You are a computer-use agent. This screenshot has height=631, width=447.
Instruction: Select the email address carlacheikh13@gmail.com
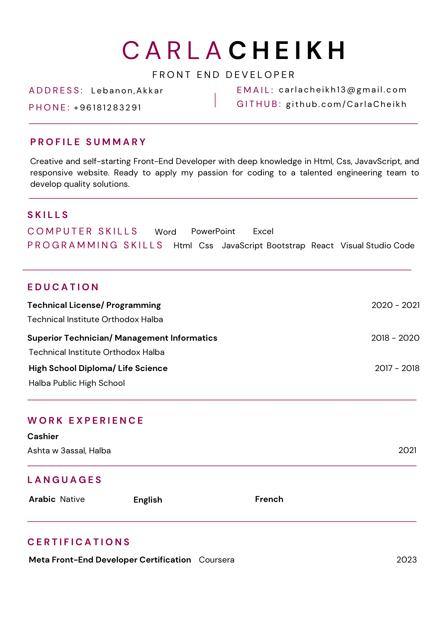[343, 90]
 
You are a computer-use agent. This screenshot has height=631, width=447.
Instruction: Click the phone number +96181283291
[108, 108]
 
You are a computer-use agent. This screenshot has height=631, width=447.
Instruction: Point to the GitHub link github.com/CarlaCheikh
[346, 104]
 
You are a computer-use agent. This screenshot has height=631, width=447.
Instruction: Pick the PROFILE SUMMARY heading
[88, 142]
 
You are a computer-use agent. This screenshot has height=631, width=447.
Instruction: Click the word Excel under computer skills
[263, 231]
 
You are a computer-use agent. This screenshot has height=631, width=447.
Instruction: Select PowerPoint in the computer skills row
[213, 231]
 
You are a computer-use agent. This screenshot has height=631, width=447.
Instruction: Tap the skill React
[322, 245]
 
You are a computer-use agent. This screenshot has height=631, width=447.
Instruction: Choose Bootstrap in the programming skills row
[286, 245]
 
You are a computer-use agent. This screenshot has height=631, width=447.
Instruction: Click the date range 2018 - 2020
[395, 338]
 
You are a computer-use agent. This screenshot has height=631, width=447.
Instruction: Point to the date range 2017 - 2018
[397, 368]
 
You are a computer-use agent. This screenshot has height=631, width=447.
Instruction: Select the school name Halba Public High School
[77, 383]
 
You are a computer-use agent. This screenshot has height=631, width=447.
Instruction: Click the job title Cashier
[43, 436]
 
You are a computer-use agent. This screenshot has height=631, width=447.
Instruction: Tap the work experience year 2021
[408, 450]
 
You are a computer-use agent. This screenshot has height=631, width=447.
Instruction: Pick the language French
[269, 499]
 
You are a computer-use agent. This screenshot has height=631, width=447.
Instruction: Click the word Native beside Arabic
[72, 499]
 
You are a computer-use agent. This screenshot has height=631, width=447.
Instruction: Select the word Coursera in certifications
[217, 560]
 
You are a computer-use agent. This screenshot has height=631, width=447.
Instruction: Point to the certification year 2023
[407, 560]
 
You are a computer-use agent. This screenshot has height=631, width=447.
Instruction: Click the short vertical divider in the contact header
[215, 100]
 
